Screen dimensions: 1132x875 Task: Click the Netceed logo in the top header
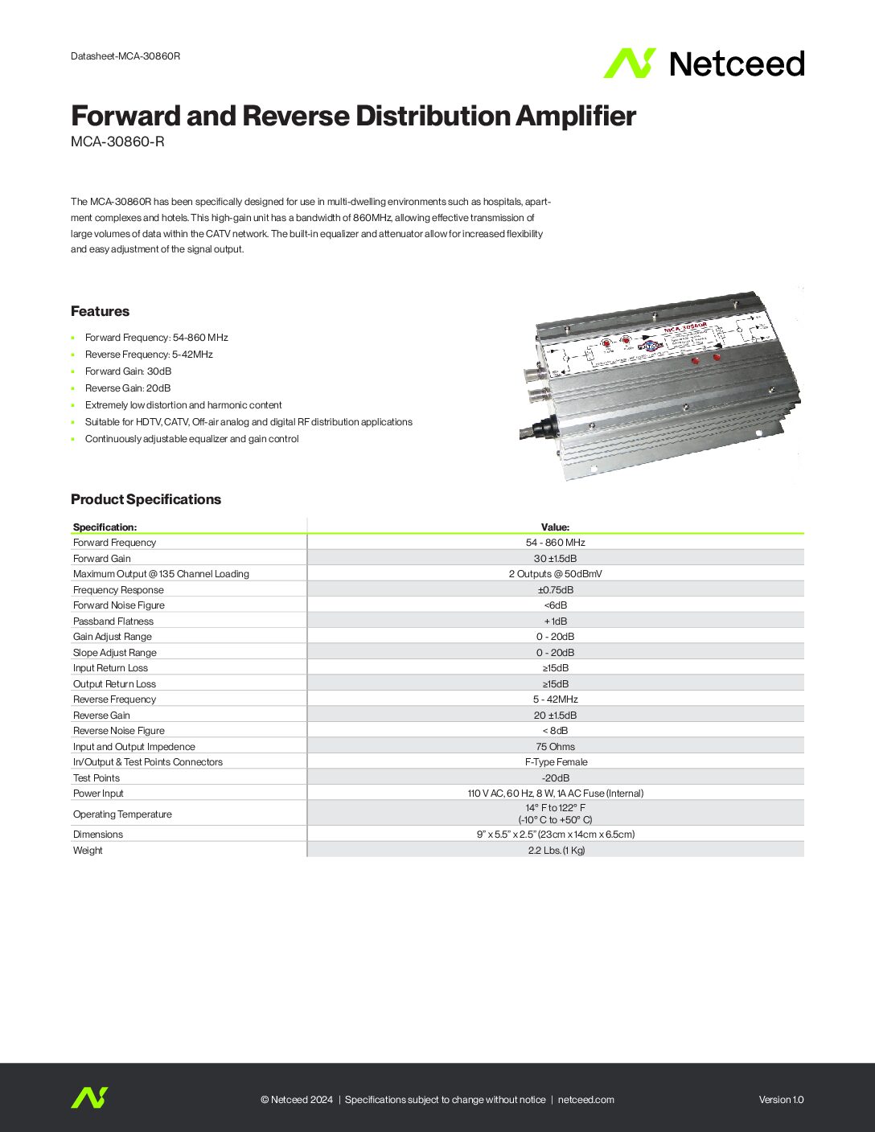[704, 64]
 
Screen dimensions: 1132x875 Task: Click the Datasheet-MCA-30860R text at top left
[125, 56]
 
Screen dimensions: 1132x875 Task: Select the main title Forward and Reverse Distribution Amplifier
[353, 116]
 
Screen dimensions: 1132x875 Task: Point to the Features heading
[100, 311]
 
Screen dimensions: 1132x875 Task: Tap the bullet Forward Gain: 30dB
[128, 371]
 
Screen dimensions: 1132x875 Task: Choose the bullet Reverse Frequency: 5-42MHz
[149, 355]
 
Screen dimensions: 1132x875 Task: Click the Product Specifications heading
[146, 499]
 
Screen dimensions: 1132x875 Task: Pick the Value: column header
[555, 527]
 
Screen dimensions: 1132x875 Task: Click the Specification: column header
[105, 527]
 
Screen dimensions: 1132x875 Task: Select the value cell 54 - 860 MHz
[555, 543]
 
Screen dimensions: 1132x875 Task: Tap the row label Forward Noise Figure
[119, 605]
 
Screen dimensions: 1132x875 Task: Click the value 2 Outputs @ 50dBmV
[555, 574]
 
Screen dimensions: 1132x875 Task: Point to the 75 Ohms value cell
[555, 747]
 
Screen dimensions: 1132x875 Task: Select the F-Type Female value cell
[555, 762]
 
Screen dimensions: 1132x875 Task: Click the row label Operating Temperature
[122, 814]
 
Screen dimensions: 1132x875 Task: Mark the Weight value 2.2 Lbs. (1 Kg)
[556, 851]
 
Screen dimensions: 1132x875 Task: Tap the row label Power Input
[98, 794]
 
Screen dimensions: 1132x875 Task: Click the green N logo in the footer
[89, 1098]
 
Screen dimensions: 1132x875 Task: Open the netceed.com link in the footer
[585, 1100]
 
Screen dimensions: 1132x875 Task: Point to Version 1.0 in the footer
[781, 1100]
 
